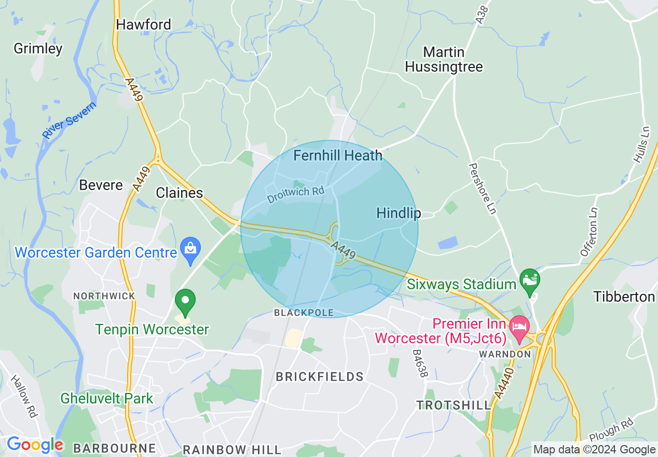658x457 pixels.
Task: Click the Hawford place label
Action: [143, 24]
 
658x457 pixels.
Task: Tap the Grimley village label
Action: [38, 49]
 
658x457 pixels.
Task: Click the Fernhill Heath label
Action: [338, 155]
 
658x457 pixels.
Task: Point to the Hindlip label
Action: [399, 213]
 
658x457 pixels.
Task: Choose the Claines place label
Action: [180, 193]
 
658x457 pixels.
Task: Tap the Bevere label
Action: [101, 185]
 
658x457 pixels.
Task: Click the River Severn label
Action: [69, 121]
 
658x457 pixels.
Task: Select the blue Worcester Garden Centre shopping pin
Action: [191, 250]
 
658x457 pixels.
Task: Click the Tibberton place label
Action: [624, 297]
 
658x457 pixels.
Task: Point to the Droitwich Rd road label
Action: [296, 195]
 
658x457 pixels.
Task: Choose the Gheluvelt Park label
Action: [107, 399]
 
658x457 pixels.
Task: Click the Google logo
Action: [35, 445]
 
